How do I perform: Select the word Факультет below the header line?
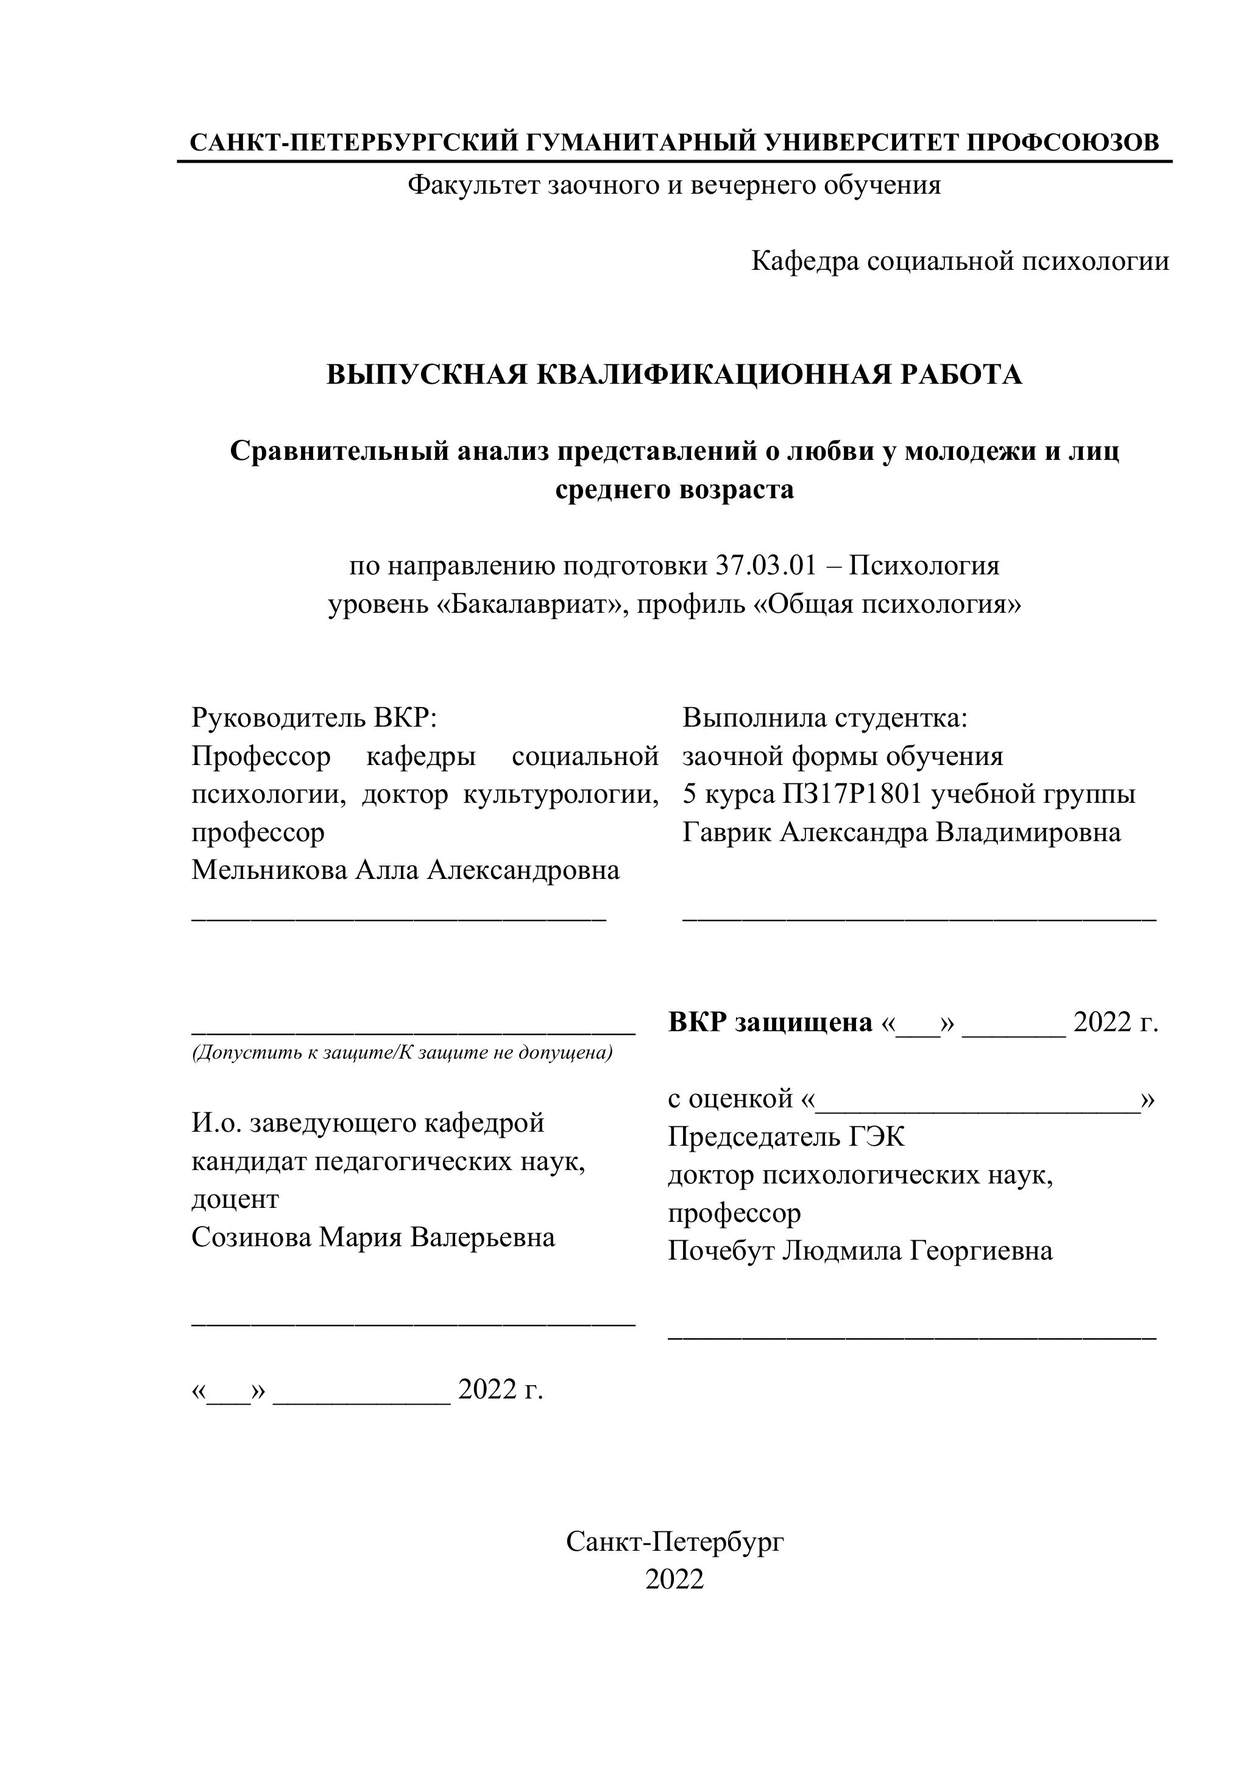click(x=473, y=185)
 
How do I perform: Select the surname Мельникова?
click(x=269, y=870)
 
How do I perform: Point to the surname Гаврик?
click(x=727, y=831)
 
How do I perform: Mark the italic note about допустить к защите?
click(x=402, y=1053)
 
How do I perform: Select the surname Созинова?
click(x=252, y=1236)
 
